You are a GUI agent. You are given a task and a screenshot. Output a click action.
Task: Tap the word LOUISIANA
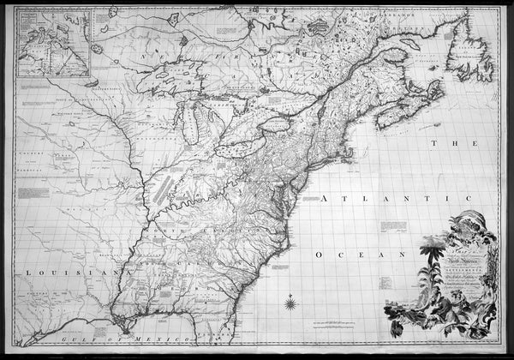(x=52, y=273)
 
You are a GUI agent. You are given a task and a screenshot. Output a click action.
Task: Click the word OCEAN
(x=355, y=255)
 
